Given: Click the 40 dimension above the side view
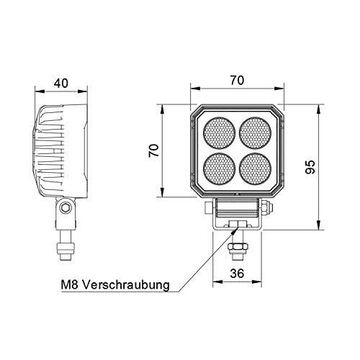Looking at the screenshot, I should coord(61,83).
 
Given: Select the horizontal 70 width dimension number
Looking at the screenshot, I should coord(236,81).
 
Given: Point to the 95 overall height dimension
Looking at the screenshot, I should coord(310,167).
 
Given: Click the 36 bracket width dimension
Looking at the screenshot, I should coord(236,274).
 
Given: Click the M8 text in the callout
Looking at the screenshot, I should coord(70,285).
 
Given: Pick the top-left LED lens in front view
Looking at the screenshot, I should coord(219,133).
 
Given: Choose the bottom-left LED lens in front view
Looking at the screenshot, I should coord(219,168).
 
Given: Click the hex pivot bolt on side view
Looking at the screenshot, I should coord(66,208).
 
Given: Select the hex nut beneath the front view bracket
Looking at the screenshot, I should coord(236,249).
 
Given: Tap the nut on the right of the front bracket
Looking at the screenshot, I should coord(267,208).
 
